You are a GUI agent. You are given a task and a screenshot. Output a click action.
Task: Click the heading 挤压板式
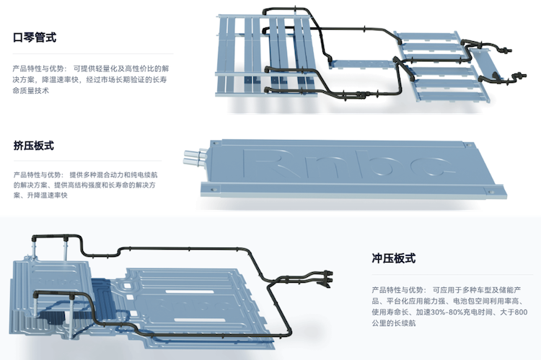(34, 146)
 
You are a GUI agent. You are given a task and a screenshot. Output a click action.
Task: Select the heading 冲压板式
(393, 258)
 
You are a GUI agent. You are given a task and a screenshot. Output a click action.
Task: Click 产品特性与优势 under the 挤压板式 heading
(37, 175)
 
